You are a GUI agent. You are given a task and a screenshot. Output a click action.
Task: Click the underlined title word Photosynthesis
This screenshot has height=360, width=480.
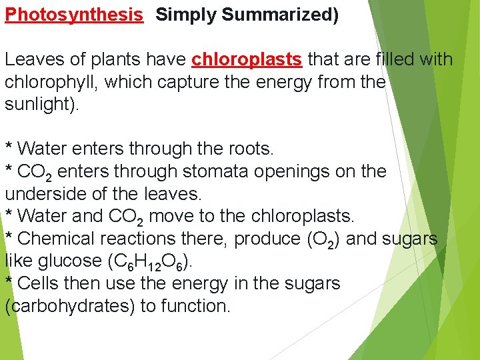coord(74,15)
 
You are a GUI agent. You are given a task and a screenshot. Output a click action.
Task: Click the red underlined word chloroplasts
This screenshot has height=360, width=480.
coord(247,60)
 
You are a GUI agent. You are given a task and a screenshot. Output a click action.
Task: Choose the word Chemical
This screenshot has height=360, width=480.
coord(59,239)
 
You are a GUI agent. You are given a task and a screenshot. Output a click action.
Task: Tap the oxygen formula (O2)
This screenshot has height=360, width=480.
coord(323,239)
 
